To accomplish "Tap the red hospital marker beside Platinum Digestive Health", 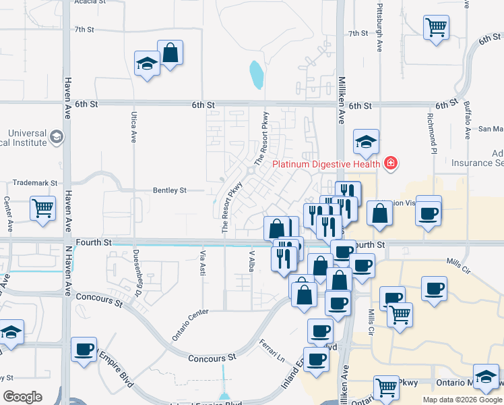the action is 389,163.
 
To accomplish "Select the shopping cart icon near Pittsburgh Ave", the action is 436,28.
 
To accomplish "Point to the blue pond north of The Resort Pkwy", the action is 255,75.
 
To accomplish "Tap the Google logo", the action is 23,397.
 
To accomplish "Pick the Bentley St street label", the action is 169,191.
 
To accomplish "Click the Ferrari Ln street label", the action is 272,350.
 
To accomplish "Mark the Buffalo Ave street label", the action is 467,120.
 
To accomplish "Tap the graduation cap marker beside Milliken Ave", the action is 366,141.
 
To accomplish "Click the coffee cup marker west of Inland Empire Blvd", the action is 84,349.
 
